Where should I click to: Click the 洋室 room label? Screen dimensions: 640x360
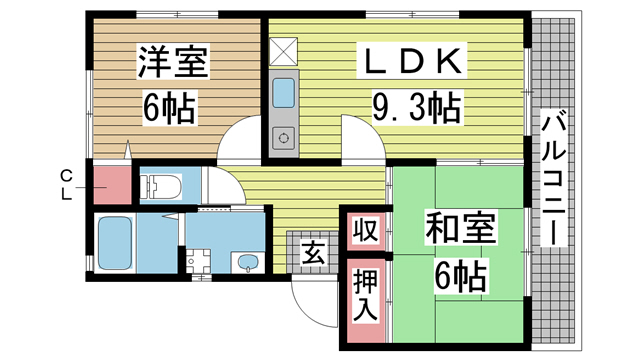tap(173, 62)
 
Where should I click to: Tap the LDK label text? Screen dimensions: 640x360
tap(411, 61)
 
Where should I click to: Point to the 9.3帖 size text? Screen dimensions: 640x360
tap(417, 108)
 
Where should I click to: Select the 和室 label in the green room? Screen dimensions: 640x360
tap(460, 227)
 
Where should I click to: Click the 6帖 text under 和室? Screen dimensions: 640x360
tap(460, 276)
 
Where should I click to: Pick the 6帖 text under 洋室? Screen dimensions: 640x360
tap(169, 108)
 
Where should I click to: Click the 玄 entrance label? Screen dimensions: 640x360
tap(313, 252)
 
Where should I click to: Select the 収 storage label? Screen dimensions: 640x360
tap(365, 230)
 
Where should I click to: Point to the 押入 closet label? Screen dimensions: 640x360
tap(365, 296)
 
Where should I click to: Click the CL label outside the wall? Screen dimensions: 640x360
tap(67, 185)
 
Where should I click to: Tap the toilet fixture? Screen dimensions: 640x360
tap(161, 186)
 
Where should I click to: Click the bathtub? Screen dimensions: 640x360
tap(115, 243)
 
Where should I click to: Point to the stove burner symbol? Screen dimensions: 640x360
tap(284, 138)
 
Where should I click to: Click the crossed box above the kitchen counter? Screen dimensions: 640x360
tap(284, 51)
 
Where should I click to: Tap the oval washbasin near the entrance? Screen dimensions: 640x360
tap(247, 262)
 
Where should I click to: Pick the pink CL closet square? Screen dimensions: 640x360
tap(113, 185)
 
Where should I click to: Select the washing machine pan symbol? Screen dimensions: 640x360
tap(198, 260)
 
